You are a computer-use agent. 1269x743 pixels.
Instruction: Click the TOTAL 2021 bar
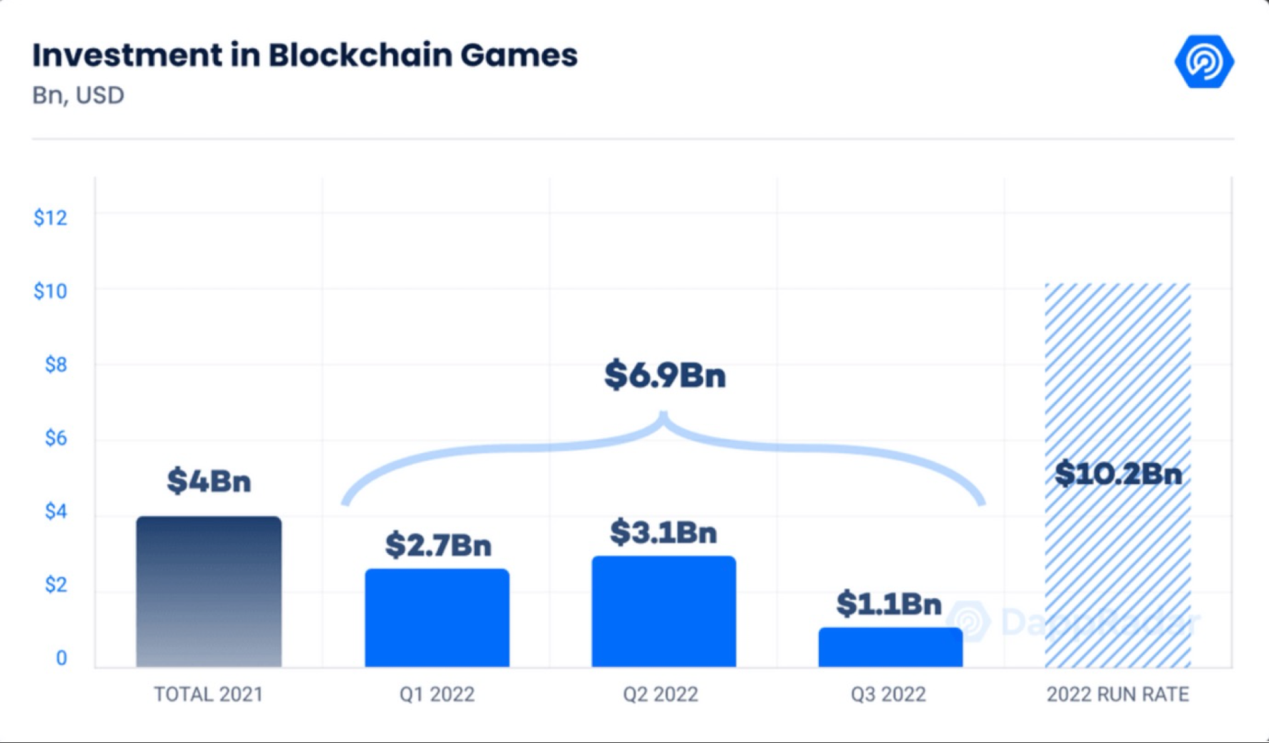pos(209,592)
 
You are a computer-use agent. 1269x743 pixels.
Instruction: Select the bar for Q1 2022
pos(437,618)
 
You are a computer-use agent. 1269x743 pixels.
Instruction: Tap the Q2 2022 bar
pos(664,612)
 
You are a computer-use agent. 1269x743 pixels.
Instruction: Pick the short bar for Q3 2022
pos(890,647)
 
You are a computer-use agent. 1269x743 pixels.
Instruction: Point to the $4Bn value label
pos(209,481)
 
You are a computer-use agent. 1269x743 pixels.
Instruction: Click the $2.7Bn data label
pos(438,545)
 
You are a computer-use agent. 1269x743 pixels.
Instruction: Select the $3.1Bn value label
pos(663,532)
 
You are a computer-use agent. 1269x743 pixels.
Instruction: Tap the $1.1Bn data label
pos(889,603)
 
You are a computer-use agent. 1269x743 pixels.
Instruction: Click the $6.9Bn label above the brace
pos(665,376)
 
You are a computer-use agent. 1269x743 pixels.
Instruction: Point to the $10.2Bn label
pos(1118,474)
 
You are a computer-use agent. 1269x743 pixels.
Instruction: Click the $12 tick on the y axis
pos(50,218)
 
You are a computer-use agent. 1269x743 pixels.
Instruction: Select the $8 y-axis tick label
pos(56,364)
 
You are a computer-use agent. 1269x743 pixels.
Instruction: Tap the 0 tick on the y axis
pos(61,658)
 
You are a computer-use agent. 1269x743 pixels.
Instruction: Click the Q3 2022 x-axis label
pos(888,694)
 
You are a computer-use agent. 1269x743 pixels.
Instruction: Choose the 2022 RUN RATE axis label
pos(1117,694)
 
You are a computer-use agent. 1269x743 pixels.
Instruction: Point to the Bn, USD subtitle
pos(78,95)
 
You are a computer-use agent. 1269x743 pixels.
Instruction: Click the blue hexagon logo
pos(1204,61)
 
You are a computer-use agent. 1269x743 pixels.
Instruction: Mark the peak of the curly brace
pos(664,414)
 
